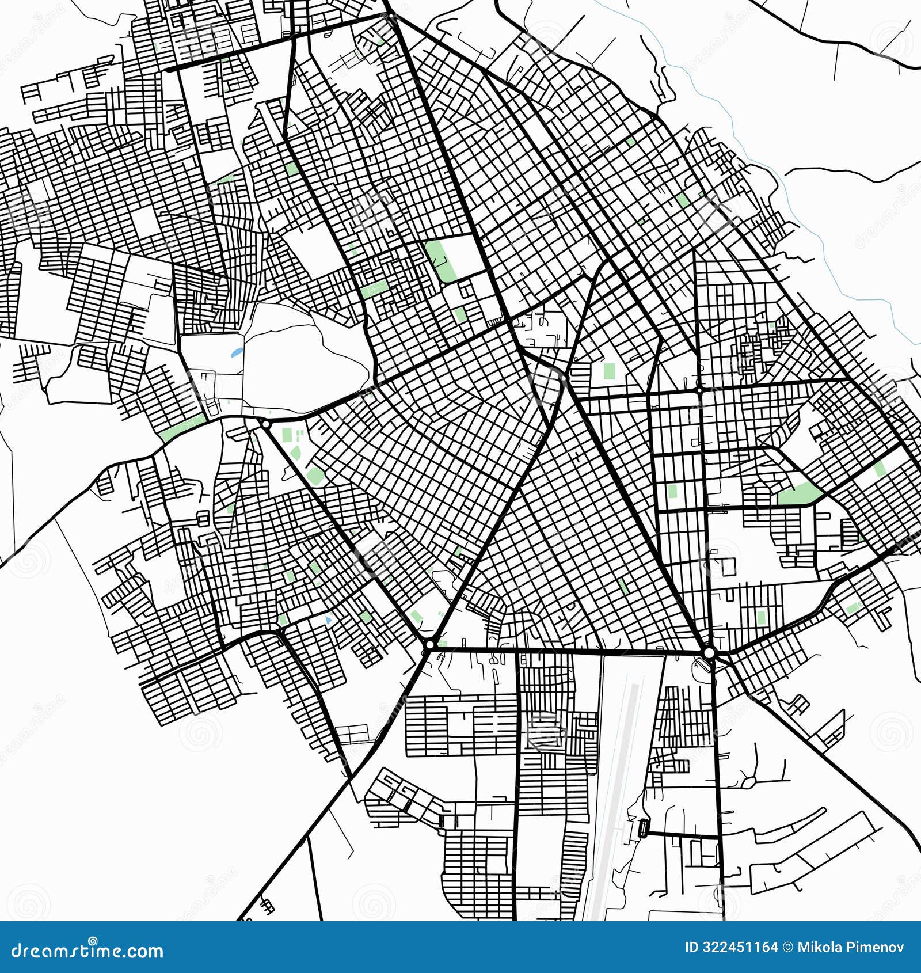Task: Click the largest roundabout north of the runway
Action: click(x=709, y=653)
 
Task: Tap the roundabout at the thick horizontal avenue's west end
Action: click(x=429, y=644)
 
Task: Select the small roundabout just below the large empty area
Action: click(x=265, y=424)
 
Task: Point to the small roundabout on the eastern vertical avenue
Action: click(x=699, y=390)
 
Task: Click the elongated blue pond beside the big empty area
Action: click(x=237, y=352)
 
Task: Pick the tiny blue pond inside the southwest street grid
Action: click(x=328, y=619)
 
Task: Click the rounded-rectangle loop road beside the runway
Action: click(x=643, y=828)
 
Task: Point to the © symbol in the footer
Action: click(x=787, y=947)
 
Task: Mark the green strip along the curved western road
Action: click(x=183, y=428)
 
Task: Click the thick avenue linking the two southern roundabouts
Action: click(x=570, y=651)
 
